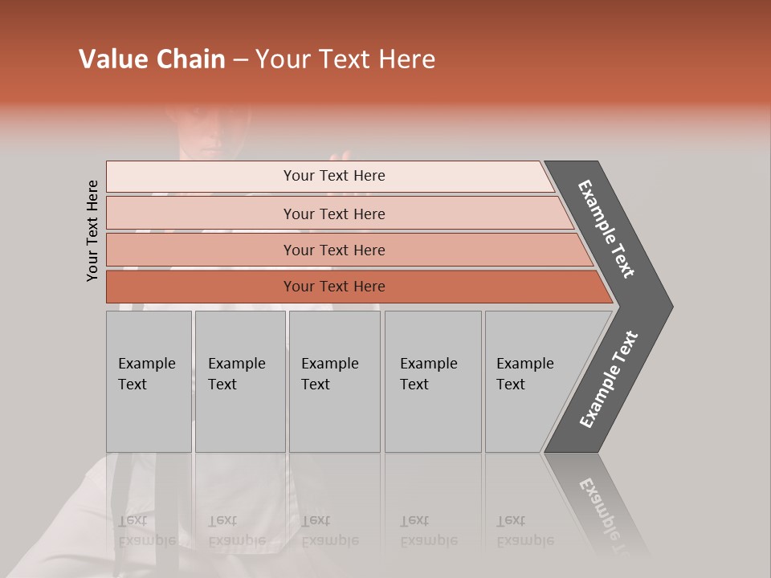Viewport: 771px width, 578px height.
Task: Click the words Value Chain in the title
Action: (152, 59)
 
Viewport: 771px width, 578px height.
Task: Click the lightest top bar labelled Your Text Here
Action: (334, 176)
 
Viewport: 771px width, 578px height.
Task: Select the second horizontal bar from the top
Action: (334, 214)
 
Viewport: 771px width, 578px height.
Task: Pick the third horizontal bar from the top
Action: (334, 250)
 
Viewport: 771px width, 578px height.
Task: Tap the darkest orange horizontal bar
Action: (334, 287)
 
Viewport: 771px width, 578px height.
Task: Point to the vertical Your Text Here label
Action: (92, 230)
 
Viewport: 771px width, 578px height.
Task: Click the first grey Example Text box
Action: (149, 381)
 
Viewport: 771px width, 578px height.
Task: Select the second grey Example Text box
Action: (239, 381)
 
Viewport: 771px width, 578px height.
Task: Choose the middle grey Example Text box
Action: (334, 381)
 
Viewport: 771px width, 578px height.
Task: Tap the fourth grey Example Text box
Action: (432, 381)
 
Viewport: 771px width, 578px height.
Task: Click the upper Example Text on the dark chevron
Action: (606, 229)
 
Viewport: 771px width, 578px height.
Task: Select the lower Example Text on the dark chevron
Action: (609, 379)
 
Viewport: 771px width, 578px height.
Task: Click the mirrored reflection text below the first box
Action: (147, 531)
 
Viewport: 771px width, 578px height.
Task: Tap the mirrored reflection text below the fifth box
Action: (525, 531)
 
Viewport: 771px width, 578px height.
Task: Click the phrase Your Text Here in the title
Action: (345, 59)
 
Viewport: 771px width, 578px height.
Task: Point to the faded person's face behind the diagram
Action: (205, 132)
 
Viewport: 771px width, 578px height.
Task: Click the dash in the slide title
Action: (240, 60)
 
